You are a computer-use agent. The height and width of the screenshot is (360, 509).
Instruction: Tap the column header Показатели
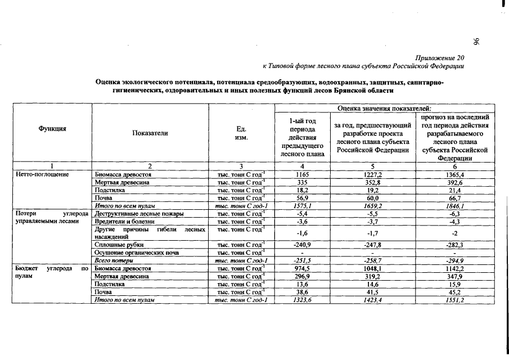[150, 133]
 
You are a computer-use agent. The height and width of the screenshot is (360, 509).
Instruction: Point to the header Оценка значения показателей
[385, 108]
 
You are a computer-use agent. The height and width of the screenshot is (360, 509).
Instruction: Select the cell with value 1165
[303, 175]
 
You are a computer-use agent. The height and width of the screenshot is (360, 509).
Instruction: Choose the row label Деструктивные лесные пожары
[134, 214]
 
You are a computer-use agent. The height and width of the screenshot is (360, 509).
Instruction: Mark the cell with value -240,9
[303, 245]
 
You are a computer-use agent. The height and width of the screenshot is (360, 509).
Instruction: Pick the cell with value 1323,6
[303, 300]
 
